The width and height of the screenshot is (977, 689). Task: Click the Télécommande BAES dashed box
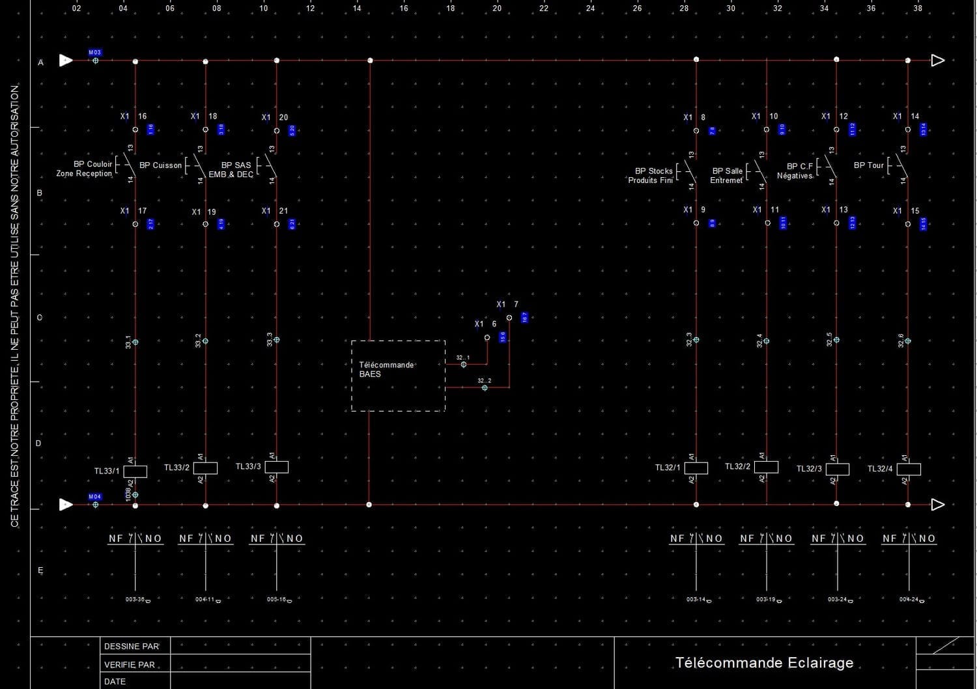coord(398,376)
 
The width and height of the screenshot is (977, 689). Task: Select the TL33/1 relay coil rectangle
coord(135,471)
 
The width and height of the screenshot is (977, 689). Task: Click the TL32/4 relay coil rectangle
coord(909,469)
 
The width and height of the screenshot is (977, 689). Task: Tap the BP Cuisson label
coord(160,165)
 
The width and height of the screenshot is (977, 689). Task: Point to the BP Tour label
coord(868,165)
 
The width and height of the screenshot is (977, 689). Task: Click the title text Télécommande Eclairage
coord(764,663)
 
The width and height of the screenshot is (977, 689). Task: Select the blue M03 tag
coord(95,53)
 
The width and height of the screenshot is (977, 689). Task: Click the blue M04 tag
coord(95,497)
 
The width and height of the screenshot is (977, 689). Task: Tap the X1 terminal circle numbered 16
coord(135,130)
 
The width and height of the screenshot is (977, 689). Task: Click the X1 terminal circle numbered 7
coord(509,318)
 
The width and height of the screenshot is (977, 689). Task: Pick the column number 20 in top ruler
coord(497,8)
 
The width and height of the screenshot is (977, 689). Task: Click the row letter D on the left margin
coord(38,443)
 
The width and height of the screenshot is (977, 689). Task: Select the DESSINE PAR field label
coord(132,647)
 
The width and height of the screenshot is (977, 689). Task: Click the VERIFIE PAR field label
coord(130,665)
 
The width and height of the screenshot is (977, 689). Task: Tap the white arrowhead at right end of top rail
coord(937,61)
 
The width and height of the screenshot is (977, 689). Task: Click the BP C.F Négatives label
coord(795,171)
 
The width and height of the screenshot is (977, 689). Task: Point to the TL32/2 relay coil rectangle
coord(767,467)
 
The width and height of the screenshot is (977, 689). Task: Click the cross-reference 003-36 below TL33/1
coord(135,599)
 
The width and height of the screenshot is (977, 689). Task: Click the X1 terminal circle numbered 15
coord(908,224)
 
